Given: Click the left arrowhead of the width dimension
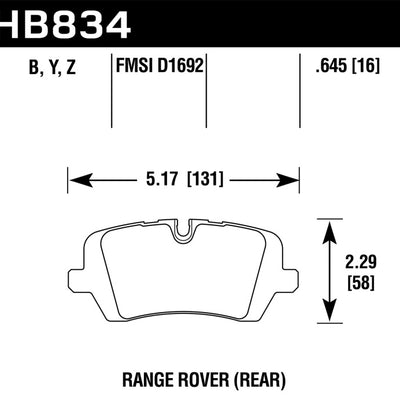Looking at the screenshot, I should pos(75,181).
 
